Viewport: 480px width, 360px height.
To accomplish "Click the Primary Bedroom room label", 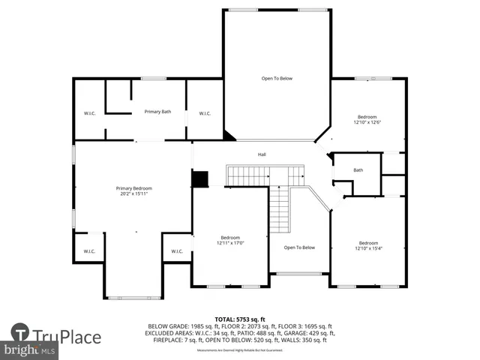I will (133, 188).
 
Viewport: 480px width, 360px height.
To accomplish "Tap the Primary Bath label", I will (157, 112).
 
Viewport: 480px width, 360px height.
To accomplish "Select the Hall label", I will (262, 155).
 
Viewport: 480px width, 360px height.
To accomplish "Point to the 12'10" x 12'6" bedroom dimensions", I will (367, 122).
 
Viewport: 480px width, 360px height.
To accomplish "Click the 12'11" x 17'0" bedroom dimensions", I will (230, 243).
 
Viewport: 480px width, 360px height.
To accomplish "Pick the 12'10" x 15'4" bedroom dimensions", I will (368, 248).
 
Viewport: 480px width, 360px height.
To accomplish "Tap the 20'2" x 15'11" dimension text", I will (133, 194).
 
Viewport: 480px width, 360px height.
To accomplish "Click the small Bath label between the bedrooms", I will (358, 170).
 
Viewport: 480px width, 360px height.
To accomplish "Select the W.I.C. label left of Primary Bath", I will (89, 113).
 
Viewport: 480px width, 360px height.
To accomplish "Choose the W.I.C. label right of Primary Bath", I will (205, 113).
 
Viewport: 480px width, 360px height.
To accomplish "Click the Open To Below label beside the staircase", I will (299, 247).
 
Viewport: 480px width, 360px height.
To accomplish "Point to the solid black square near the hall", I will (199, 179).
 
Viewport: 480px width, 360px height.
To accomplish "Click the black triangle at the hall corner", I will (229, 136).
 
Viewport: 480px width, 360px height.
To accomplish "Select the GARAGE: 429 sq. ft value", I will (298, 333).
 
